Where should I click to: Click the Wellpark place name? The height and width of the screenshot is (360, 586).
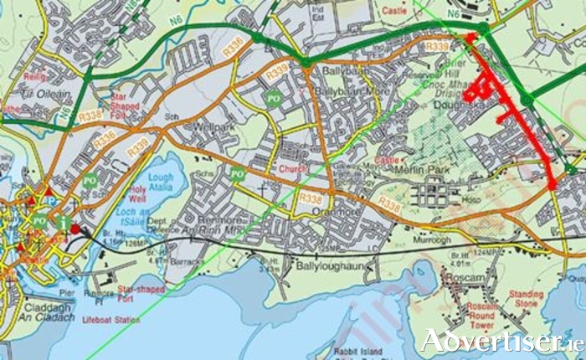coord(213,129)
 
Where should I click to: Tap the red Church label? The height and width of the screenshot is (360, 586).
coord(293,168)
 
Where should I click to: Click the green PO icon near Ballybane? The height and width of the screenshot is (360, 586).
coord(272,99)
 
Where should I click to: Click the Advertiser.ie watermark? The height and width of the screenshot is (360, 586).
coord(501,341)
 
